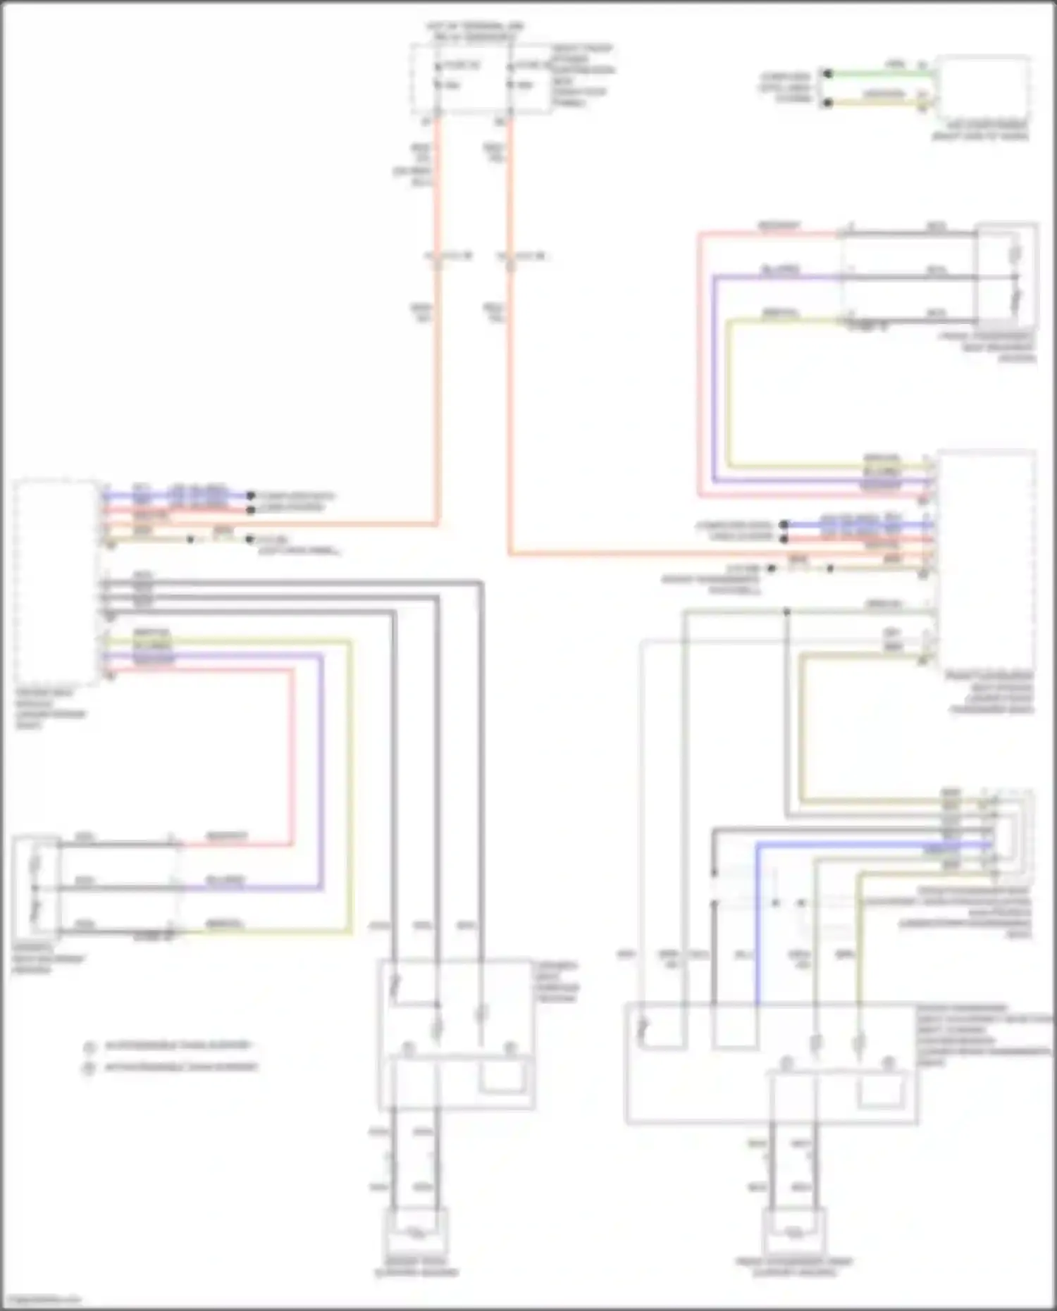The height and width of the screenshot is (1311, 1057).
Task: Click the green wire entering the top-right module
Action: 881,72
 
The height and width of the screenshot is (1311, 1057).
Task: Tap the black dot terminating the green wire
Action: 828,73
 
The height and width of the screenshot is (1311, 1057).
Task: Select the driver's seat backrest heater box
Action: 36,886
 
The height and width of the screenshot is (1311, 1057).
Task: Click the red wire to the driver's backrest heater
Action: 291,754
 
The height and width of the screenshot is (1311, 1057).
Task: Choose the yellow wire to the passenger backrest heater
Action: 729,394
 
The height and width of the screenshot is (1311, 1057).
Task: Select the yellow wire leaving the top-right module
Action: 881,102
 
